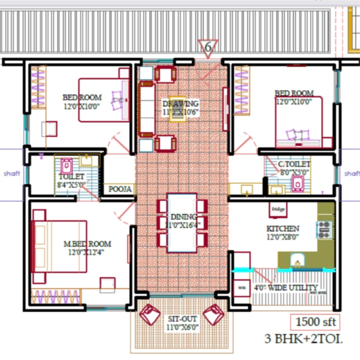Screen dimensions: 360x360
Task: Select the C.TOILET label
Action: pos(294,168)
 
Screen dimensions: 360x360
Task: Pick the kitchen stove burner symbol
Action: pos(324,229)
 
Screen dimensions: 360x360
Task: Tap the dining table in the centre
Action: pos(182,223)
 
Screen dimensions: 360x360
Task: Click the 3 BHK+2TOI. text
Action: pos(304,339)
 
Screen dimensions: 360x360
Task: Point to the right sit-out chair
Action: pos(213,315)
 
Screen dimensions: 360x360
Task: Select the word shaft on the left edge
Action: pos(12,173)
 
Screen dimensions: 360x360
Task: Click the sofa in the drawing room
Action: pos(146,109)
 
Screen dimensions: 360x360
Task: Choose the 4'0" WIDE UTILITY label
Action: pos(285,287)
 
